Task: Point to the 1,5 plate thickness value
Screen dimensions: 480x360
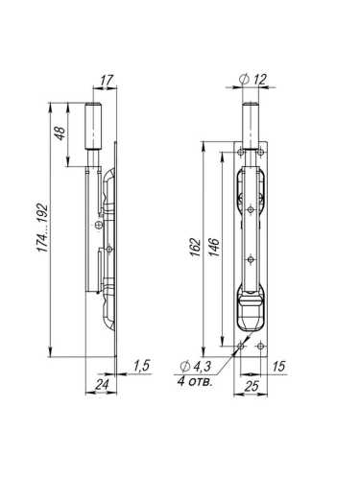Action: tap(141, 366)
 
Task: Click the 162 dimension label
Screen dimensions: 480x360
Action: tap(195, 249)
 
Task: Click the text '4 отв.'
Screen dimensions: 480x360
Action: tap(195, 381)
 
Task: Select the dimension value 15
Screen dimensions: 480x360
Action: tap(279, 366)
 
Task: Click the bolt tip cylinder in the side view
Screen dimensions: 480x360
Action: tap(96, 124)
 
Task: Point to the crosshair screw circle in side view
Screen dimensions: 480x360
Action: tap(99, 225)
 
